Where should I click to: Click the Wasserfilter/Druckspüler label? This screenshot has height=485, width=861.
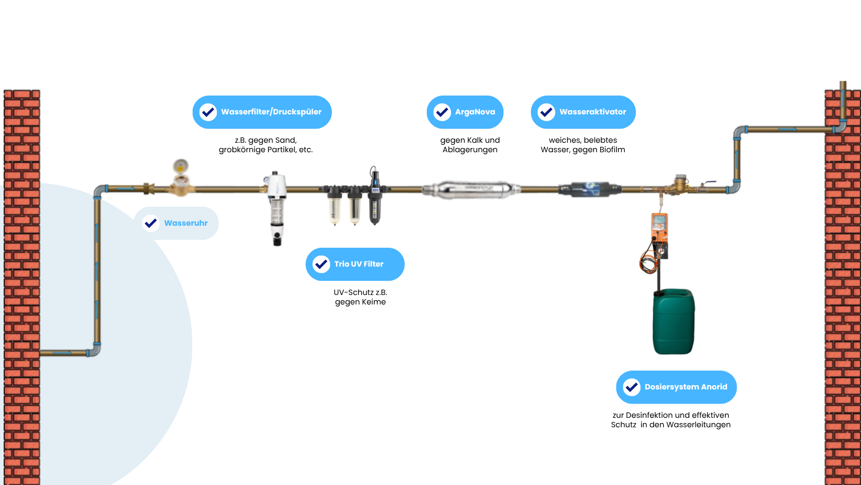coord(271,112)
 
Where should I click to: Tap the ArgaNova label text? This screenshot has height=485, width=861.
coord(475,112)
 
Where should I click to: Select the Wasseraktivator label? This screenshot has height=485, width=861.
coord(592,112)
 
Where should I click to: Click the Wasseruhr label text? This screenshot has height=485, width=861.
coord(186,223)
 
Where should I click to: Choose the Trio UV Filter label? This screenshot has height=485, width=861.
coord(359,264)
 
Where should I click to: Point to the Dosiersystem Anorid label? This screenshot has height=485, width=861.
coord(686,387)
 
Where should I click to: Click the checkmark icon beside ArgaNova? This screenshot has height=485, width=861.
coord(442,112)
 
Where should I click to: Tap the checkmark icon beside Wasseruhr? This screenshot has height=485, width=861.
coord(151,223)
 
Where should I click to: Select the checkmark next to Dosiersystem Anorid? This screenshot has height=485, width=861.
coord(632,387)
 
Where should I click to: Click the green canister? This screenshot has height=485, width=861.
coord(674,321)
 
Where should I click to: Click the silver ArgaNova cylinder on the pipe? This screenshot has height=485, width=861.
coord(471,189)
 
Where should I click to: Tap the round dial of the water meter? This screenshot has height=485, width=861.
coord(180,166)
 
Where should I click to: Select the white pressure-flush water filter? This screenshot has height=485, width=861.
coord(276,207)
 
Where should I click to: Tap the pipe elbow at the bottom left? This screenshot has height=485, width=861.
coord(95,350)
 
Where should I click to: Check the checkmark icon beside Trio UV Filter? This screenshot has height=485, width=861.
coord(321,264)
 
